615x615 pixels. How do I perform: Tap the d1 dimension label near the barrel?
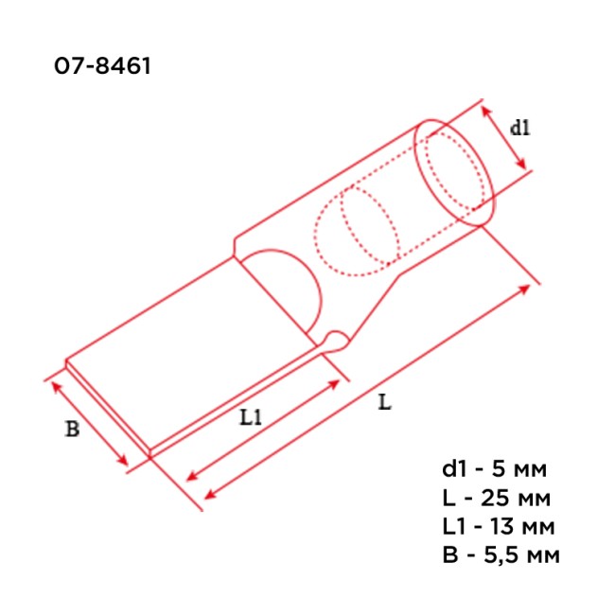coord(519,129)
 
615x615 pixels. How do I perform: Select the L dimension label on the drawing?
coord(383,402)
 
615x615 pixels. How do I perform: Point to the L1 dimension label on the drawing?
coord(250,415)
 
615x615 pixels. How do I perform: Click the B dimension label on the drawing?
coord(72,429)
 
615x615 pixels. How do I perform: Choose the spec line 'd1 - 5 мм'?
coord(494,468)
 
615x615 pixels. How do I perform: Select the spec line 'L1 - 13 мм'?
coord(498,525)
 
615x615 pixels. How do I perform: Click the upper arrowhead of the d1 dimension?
coord(487,112)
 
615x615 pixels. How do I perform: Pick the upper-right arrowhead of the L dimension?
coord(527,288)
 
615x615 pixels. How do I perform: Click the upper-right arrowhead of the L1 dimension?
coord(336,383)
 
